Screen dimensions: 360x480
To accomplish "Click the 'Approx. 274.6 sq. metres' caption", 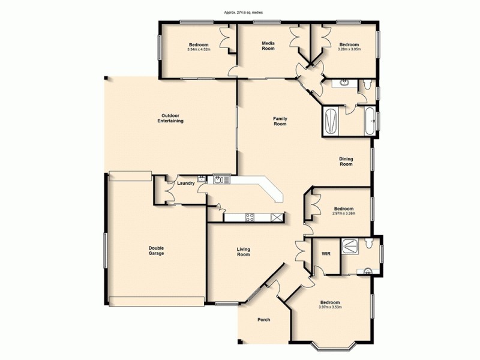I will [240, 11].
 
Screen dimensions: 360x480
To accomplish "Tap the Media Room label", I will [268, 46].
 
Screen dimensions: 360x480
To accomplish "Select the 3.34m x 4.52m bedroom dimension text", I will [199, 50].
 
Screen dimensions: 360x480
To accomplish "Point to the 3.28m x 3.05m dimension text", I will [349, 50].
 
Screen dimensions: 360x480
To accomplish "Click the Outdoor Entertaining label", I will [170, 118].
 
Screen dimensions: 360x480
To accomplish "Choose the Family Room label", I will [280, 121].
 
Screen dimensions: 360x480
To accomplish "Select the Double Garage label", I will [157, 251].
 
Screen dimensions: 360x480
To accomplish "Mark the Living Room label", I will [243, 251].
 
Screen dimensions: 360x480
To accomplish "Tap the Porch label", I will [263, 320].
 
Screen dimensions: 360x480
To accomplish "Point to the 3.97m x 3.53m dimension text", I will [330, 307].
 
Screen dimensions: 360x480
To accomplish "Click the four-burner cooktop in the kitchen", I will [247, 217].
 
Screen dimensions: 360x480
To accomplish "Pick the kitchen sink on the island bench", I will [220, 179].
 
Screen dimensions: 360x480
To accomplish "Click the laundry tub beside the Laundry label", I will [202, 178].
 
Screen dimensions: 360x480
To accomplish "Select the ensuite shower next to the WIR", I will [349, 244].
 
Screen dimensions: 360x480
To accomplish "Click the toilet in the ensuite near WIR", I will [370, 243].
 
